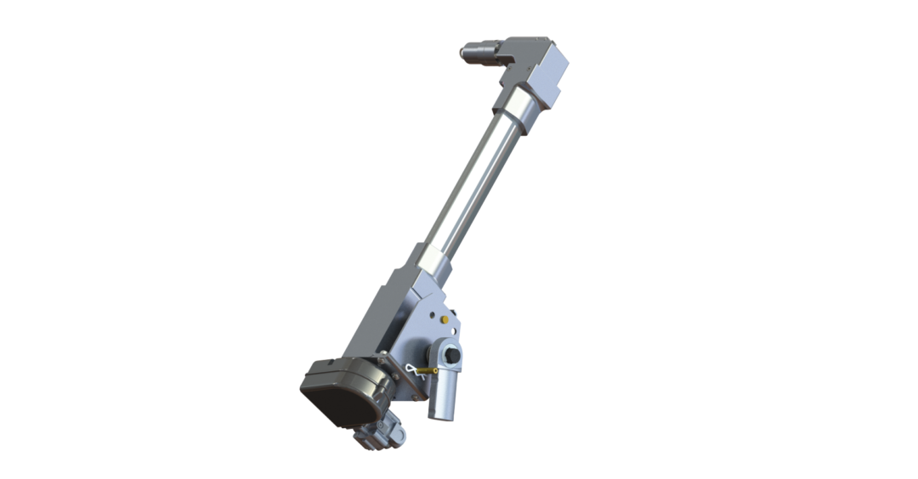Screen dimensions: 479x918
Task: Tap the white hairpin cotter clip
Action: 411,370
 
